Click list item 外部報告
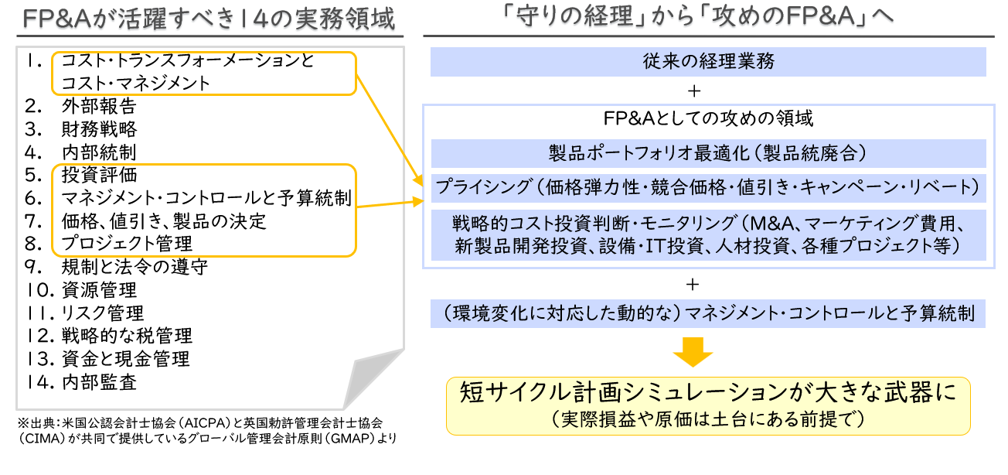(x=98, y=106)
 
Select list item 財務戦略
(x=98, y=129)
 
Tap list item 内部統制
(x=98, y=152)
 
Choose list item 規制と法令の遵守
(x=134, y=267)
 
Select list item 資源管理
(x=98, y=290)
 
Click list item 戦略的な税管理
(x=126, y=336)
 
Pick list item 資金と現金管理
(x=125, y=359)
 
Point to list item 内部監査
(x=98, y=381)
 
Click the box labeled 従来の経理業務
(x=707, y=61)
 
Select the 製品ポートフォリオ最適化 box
(x=707, y=153)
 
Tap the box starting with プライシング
(x=707, y=187)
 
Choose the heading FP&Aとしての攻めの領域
(x=707, y=119)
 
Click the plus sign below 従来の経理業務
(x=693, y=91)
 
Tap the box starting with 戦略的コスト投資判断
(x=707, y=234)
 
